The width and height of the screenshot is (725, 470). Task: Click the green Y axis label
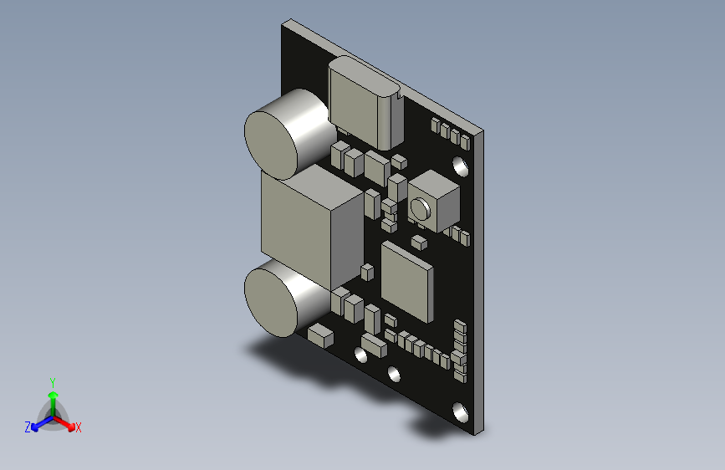tap(53, 383)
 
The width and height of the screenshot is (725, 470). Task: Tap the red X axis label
tap(78, 428)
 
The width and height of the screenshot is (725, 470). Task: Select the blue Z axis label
tap(28, 427)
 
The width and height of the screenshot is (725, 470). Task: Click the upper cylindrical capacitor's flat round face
tap(270, 139)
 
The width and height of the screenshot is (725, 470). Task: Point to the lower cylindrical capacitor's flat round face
tap(270, 303)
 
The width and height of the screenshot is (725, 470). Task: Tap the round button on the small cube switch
tap(421, 208)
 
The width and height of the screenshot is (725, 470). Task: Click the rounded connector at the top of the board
tap(365, 103)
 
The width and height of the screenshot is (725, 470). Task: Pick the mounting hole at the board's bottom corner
tap(460, 412)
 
